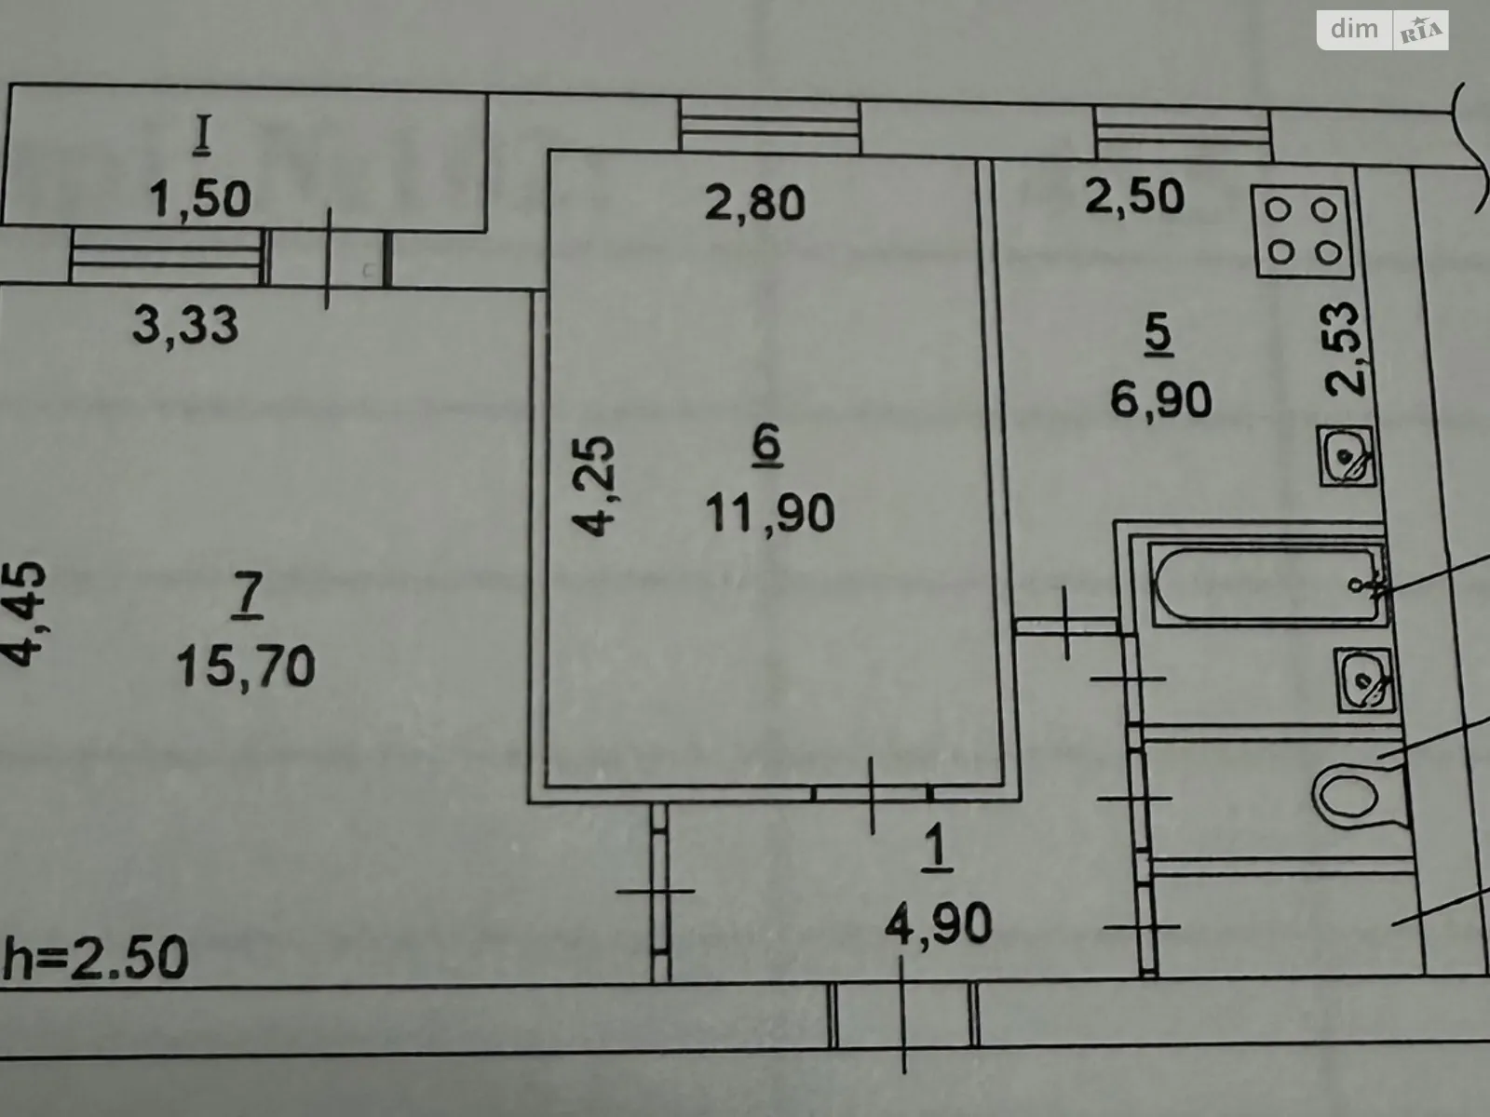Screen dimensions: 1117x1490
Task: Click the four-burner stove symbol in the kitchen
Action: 1303,232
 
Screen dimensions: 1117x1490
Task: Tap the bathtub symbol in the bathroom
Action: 1267,585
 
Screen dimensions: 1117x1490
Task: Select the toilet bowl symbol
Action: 1348,793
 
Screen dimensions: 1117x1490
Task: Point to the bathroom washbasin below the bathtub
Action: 1365,679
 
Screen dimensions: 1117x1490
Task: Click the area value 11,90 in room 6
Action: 769,513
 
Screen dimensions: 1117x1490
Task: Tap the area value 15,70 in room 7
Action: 246,666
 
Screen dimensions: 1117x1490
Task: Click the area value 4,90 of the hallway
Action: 938,925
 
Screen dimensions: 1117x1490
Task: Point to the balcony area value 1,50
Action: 201,198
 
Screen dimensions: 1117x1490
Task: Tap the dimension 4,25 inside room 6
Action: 593,486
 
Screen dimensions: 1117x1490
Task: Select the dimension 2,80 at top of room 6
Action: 754,203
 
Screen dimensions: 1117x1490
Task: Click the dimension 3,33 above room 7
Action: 185,325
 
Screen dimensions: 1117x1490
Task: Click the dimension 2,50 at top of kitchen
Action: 1135,196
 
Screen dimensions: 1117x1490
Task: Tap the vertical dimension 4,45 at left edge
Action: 25,612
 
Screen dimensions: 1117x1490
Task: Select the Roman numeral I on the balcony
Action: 202,137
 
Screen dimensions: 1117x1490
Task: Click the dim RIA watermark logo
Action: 1382,30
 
